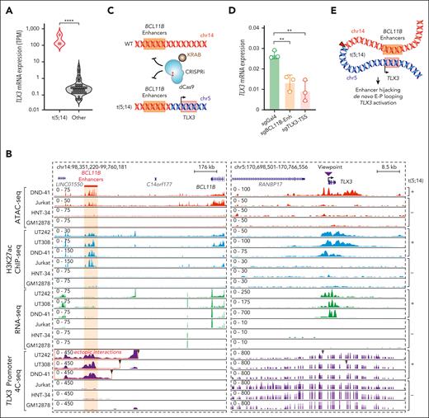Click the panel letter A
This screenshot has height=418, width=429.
point(7,7)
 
